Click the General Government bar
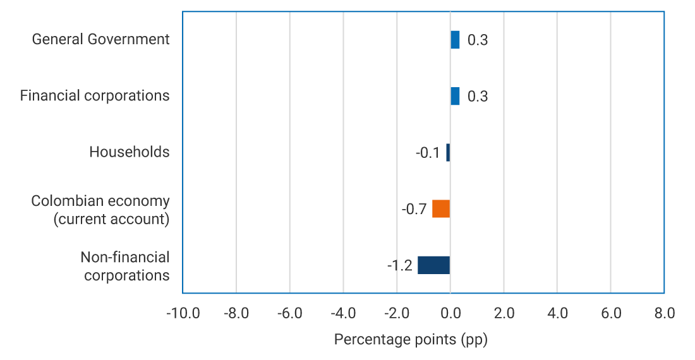coord(455,40)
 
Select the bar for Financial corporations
coord(455,96)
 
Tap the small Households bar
coord(448,152)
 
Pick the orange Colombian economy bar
coord(441,208)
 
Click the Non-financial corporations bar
coord(434,265)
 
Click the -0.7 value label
coord(414,209)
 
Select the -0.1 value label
coord(428,153)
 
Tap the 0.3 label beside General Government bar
coord(478,40)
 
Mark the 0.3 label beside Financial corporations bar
coord(478,97)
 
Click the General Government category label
coord(100,39)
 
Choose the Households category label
coord(129,152)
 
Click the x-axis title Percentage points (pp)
coord(411,340)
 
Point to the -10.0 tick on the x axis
coord(183,313)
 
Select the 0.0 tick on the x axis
coord(450,313)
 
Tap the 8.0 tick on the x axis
coord(664,313)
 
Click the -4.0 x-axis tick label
coord(343,313)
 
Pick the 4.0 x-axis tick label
coord(557,313)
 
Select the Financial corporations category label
coord(95,95)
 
